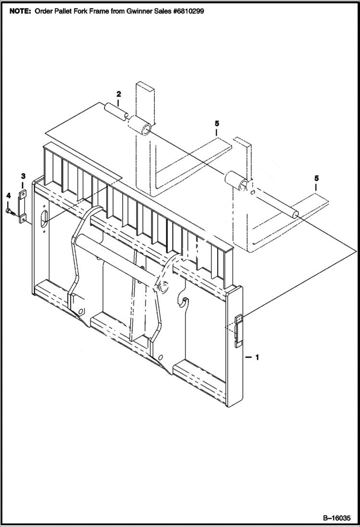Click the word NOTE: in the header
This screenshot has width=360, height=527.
[x=18, y=11]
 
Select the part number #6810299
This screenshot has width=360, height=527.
[x=185, y=11]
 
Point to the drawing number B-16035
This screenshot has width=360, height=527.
[x=336, y=518]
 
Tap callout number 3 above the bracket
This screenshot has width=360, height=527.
[x=22, y=176]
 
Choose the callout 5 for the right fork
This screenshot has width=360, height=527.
[x=316, y=178]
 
